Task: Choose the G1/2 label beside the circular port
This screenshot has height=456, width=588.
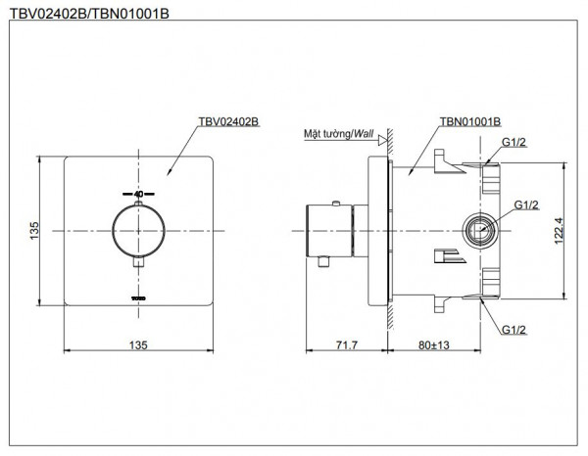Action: [x=527, y=205]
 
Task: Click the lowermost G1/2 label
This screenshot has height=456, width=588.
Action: [x=514, y=333]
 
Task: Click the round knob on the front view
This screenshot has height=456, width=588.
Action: [x=138, y=231]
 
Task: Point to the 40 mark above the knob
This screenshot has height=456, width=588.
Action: [x=138, y=194]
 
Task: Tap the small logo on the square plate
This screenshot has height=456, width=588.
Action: [x=138, y=291]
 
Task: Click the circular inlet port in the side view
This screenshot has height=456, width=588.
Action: [x=477, y=231]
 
